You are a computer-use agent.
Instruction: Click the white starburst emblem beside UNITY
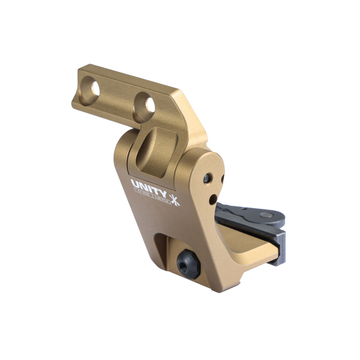click(x=174, y=198)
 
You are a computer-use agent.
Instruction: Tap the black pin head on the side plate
click(x=209, y=178)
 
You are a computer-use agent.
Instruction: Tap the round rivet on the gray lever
click(x=263, y=214)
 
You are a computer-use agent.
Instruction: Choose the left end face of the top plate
click(x=82, y=87)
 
